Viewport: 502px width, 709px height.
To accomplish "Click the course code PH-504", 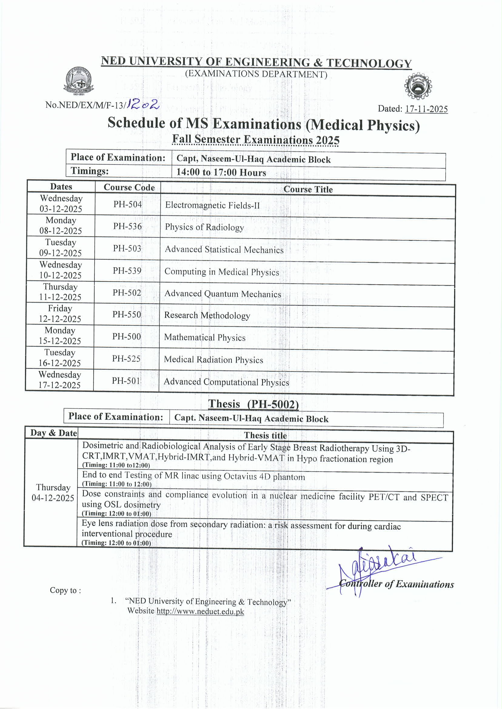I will pos(127,204).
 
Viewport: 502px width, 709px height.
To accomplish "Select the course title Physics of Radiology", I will pos(204,227).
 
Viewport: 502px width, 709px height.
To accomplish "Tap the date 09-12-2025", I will pos(60,253).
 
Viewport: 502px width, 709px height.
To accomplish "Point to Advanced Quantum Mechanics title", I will pos(223,294).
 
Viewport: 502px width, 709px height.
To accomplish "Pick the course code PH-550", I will pos(126,314).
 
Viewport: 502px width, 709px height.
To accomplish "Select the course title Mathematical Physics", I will pos(205,337).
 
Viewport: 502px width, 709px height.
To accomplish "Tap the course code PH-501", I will pos(126,381).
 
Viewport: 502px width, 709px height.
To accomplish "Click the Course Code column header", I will pos(129,187).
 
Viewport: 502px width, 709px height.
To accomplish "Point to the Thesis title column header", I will pos(265,436).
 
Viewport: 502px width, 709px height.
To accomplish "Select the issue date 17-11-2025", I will pos(426,109).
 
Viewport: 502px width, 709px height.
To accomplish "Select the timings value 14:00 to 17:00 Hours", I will pos(221,172).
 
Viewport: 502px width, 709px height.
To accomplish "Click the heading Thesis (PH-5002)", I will pos(253,404).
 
